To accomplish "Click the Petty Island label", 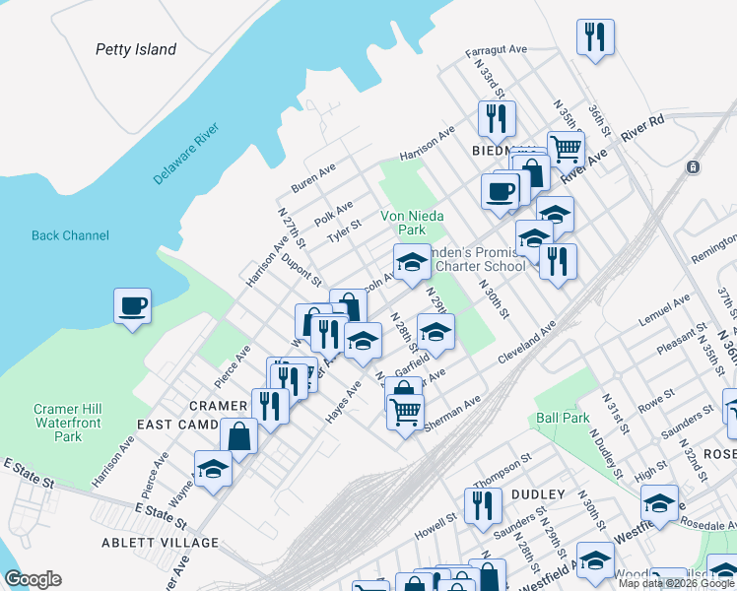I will point(136,49).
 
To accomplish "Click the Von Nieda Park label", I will point(413,223).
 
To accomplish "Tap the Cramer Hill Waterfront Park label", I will point(69,423).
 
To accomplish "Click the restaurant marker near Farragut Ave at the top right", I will point(595,37).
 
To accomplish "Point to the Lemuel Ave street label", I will point(665,310).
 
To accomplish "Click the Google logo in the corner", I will point(33,579).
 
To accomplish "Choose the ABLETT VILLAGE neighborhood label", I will point(160,543).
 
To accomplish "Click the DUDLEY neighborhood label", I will point(538,494).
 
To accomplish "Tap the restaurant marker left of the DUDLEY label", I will point(482,505).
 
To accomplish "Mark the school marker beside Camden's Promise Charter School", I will point(411,261).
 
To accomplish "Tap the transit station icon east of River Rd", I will point(694,166).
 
